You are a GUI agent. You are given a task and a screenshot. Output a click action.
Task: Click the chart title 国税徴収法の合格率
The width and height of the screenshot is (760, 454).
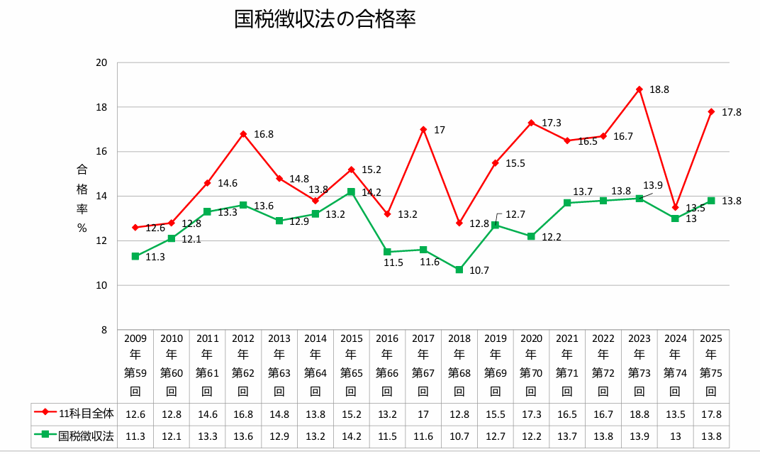(x=324, y=19)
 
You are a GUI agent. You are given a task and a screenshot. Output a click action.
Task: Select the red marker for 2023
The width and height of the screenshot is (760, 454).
(x=639, y=89)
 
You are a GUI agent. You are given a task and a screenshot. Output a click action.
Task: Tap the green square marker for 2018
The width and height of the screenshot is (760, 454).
(x=459, y=270)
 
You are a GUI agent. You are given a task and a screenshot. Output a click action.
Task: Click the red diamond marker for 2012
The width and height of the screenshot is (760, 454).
(x=243, y=134)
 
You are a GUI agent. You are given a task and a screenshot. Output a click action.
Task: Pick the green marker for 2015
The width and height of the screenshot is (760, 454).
(x=351, y=192)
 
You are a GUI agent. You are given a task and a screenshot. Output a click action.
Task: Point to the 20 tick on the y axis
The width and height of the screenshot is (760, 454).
(x=101, y=62)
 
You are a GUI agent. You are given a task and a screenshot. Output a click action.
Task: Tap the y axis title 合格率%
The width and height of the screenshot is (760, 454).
(x=82, y=199)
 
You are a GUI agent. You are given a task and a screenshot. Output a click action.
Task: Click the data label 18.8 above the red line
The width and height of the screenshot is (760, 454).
(x=659, y=90)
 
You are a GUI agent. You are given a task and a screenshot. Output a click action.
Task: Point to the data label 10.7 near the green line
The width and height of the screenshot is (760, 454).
(x=479, y=270)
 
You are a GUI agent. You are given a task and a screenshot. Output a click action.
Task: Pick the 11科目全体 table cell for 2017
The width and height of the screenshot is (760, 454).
(x=423, y=414)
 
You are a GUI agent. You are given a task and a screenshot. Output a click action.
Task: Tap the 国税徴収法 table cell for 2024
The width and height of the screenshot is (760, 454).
(x=675, y=436)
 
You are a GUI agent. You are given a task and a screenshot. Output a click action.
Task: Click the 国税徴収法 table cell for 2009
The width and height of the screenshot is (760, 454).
(x=135, y=436)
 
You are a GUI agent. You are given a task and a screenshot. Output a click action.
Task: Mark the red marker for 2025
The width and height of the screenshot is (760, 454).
(x=711, y=111)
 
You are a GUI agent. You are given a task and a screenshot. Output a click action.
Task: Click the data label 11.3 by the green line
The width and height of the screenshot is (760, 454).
(x=155, y=257)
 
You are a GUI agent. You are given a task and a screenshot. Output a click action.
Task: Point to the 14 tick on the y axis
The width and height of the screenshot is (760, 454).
(x=101, y=196)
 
